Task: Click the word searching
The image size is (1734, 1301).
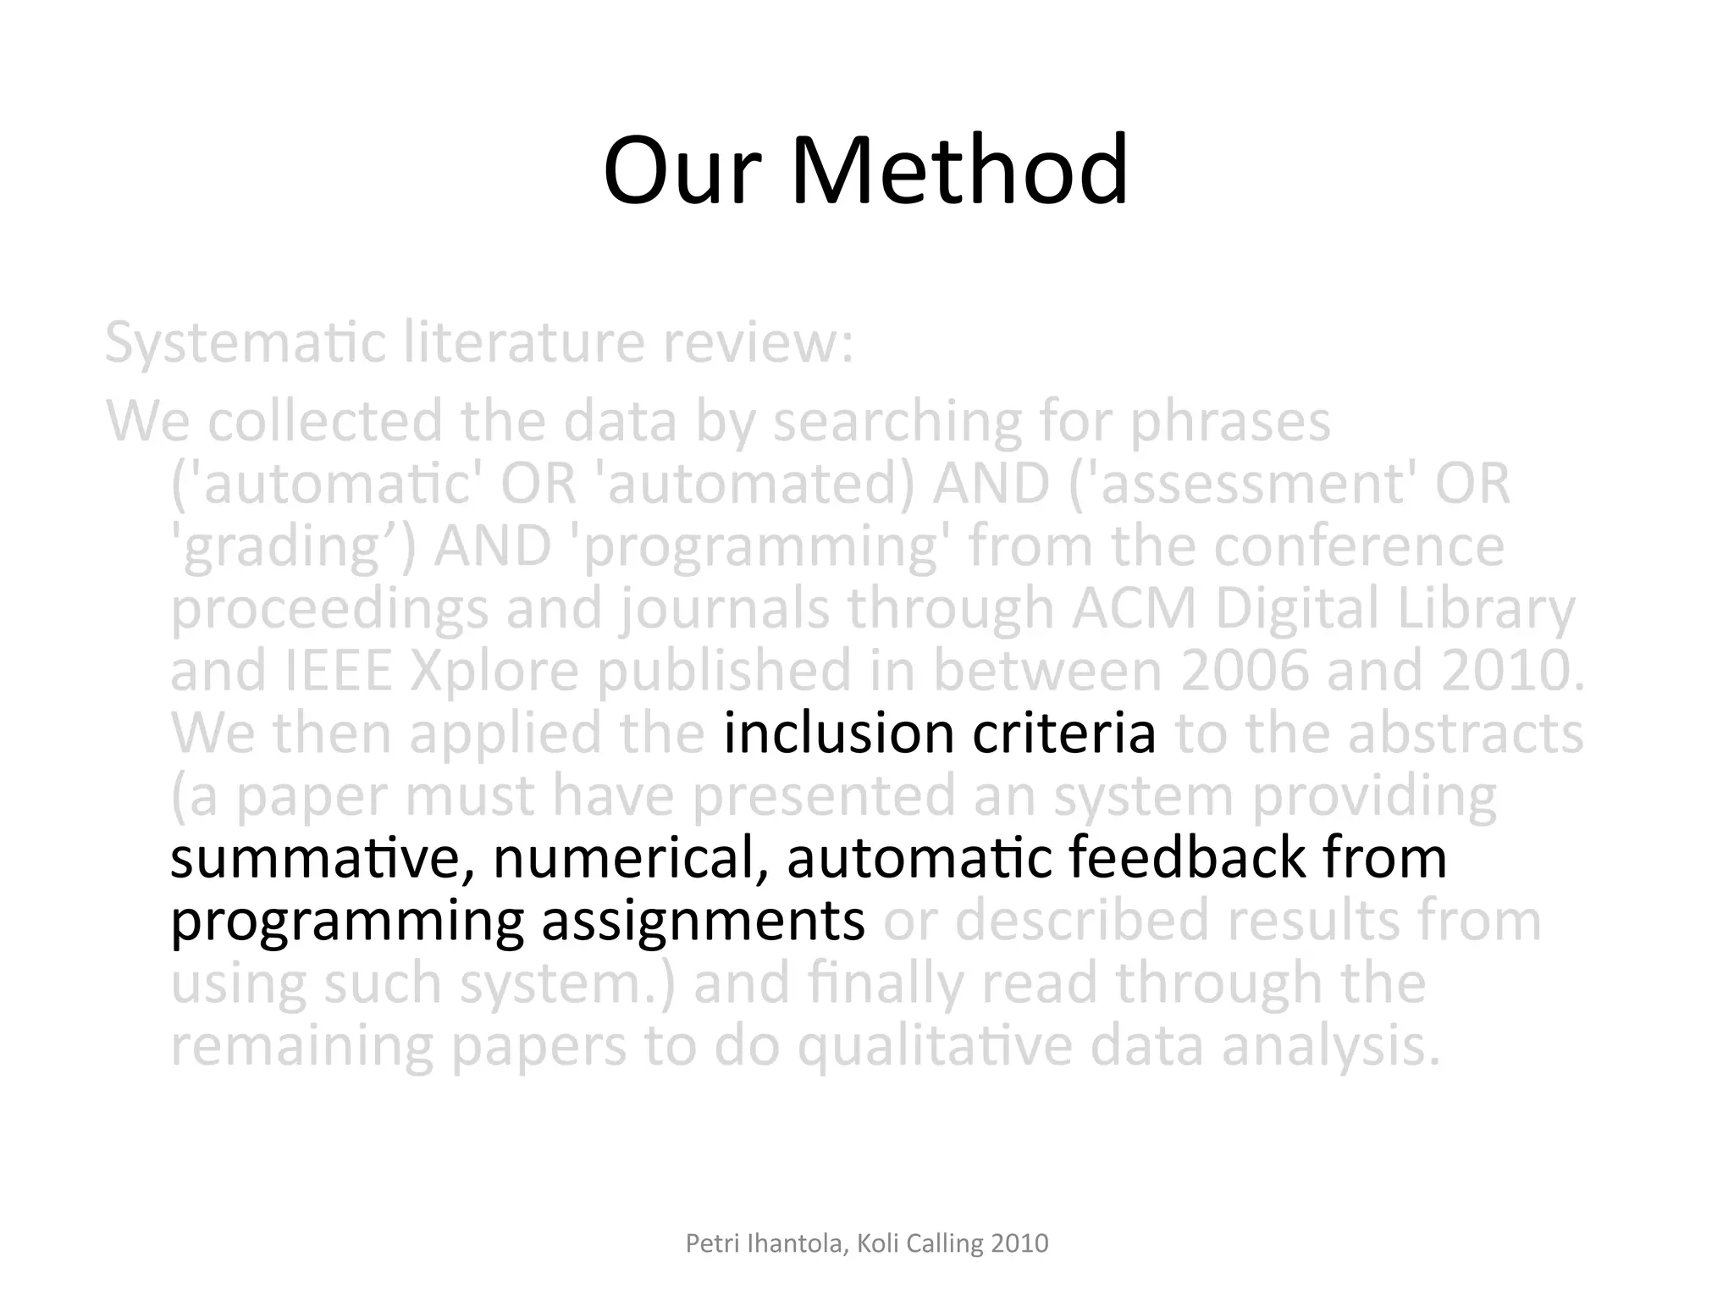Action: point(898,422)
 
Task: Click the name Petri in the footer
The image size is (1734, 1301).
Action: point(710,1243)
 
